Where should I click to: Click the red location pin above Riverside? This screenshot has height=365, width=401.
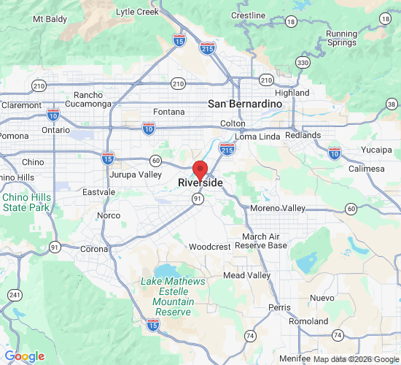199,168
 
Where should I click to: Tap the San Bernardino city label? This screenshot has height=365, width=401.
245,104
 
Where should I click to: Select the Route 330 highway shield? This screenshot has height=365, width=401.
302,64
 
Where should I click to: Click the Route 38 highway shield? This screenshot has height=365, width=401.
392,105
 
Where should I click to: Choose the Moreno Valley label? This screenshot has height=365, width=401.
278,209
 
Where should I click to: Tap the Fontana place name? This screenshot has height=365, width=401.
169,112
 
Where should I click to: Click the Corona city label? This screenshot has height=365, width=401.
93,249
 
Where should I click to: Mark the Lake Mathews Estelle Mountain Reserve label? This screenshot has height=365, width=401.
174,296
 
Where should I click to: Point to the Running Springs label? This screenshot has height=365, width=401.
342,38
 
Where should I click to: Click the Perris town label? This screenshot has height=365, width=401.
279,307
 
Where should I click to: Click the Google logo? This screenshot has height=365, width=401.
24,356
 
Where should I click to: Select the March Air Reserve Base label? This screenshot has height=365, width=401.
265,241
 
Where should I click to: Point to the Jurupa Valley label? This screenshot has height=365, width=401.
135,175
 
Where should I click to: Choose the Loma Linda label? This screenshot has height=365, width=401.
258,137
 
